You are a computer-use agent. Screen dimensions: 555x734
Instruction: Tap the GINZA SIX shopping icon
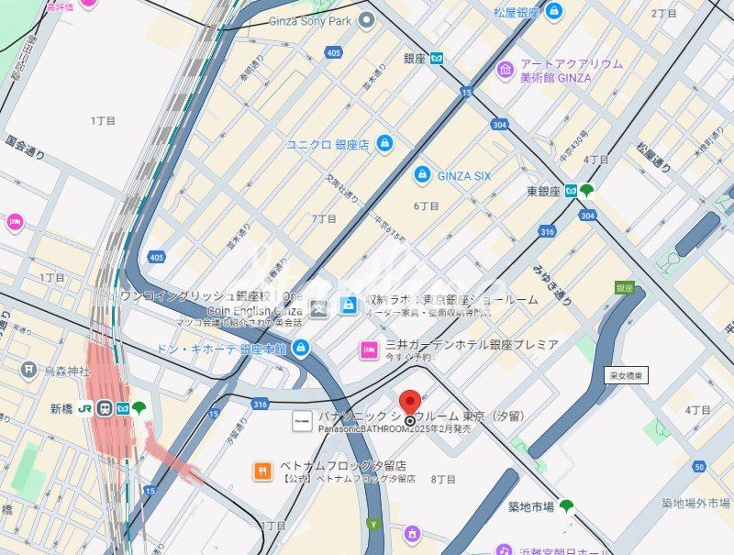tap(422, 174)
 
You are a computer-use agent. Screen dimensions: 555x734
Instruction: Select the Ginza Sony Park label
tap(311, 21)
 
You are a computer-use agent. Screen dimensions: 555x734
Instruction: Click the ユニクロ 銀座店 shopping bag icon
tap(384, 143)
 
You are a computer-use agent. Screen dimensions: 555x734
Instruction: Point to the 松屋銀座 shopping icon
tap(553, 12)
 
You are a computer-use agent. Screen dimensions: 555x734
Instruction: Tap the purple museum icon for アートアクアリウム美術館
tap(506, 71)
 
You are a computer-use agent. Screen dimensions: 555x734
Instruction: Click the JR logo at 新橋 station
tap(84, 408)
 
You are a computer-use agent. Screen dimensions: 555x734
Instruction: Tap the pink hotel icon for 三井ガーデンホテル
tap(369, 350)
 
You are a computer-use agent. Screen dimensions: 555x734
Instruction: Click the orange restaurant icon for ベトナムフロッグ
tap(262, 472)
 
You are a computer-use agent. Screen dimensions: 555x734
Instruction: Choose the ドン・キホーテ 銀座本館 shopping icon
tap(301, 348)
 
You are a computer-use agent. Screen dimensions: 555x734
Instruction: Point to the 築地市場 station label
tap(530, 506)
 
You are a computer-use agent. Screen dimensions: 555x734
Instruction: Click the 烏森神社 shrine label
tap(67, 371)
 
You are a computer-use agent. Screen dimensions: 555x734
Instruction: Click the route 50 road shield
tap(700, 467)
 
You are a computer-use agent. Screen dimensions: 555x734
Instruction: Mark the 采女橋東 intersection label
tap(628, 375)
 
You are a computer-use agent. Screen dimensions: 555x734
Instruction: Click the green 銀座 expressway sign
tap(625, 287)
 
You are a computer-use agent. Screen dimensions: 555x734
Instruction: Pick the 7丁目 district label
tap(323, 219)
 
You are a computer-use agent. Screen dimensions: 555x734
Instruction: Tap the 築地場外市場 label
tap(696, 503)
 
